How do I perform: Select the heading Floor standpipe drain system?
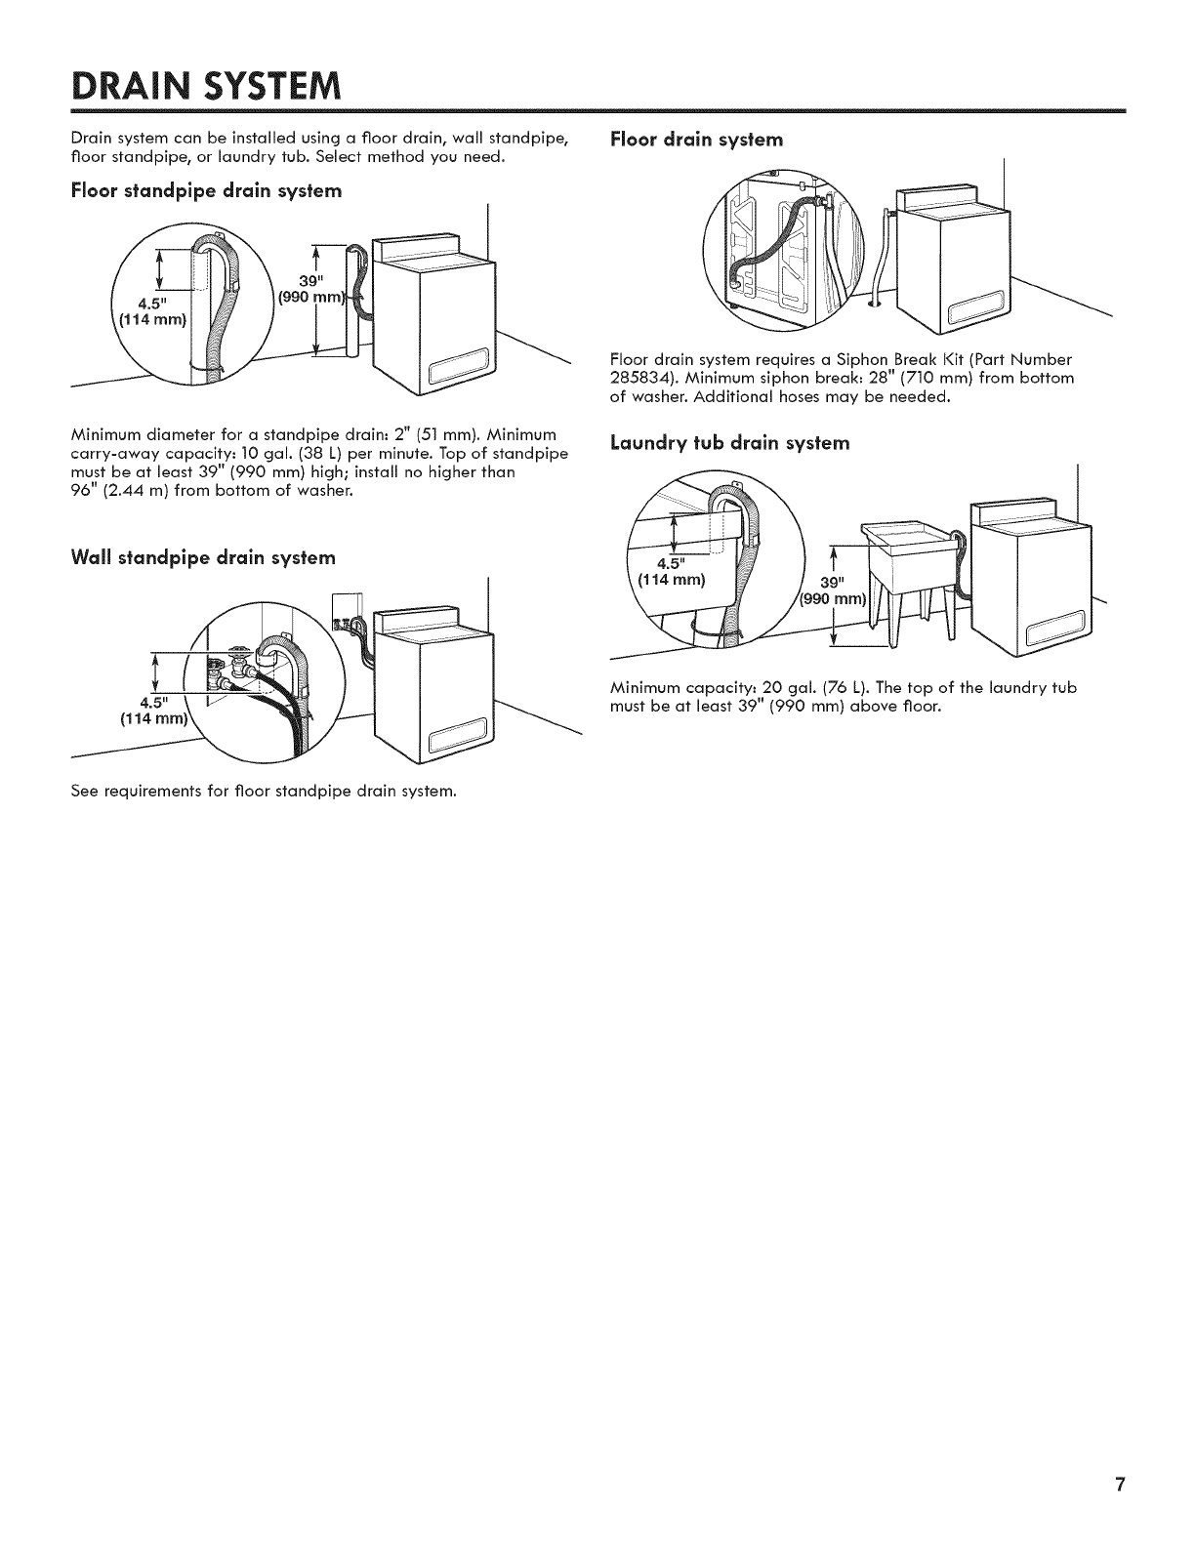tap(206, 190)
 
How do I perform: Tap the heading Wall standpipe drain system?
tap(203, 557)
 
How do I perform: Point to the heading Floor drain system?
tap(696, 140)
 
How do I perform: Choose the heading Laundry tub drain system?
tap(729, 443)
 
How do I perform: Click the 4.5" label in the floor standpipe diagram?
tap(155, 302)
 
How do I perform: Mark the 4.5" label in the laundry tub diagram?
tap(671, 564)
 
